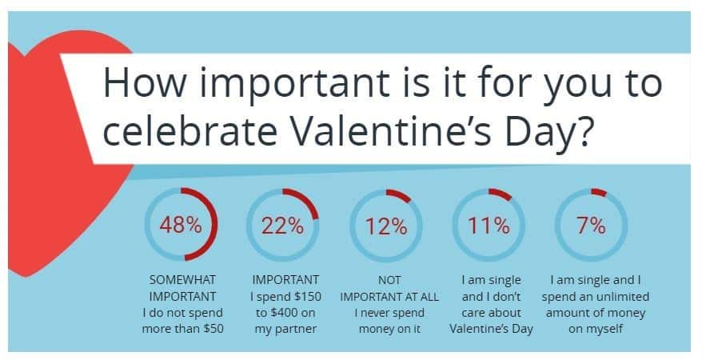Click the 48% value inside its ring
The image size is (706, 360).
(181, 224)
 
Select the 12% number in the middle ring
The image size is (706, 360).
(386, 226)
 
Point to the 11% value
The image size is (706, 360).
(489, 226)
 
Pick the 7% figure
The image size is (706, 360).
(591, 226)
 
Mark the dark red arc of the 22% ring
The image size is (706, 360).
(306, 200)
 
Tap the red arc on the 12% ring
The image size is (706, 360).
(400, 194)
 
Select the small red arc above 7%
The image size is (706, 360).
(600, 192)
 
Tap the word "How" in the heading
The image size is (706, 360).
(146, 82)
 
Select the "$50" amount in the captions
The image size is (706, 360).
(213, 329)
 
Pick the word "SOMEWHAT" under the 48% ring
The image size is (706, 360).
(182, 280)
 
